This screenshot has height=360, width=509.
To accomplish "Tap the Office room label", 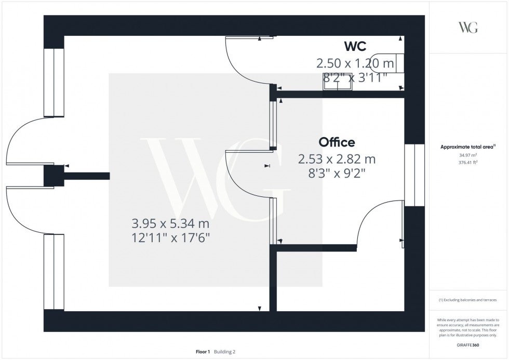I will pos(337,142).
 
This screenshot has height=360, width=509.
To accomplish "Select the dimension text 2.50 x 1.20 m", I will pos(355,64).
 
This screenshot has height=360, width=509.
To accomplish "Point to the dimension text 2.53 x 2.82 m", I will pos(337,159).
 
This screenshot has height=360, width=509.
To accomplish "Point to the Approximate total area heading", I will pos(468,147).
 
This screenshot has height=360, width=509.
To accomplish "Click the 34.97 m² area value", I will pos(468,155).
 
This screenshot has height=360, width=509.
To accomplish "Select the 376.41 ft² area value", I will pos(468,162).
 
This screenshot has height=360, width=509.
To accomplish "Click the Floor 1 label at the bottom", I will pos(203,352).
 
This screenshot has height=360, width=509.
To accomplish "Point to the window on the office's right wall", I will pos(414,175).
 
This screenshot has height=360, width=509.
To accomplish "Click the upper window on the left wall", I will pos(53,82).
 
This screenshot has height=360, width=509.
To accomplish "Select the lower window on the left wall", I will pos(53,271).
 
